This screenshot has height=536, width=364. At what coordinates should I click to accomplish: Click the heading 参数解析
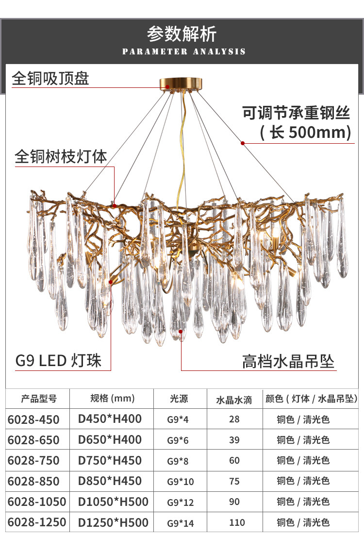click(x=182, y=34)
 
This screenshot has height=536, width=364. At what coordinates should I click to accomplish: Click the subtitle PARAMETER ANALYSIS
click(x=184, y=51)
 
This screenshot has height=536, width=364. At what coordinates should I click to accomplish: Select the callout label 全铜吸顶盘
click(x=50, y=78)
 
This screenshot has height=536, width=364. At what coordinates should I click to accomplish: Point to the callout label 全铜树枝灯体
click(x=61, y=156)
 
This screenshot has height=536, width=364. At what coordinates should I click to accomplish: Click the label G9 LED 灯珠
click(x=59, y=361)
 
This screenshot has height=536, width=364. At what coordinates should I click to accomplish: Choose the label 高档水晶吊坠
click(x=288, y=361)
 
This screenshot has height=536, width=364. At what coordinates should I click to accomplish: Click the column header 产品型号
click(x=39, y=399)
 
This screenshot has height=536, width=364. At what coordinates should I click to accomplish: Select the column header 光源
click(x=179, y=399)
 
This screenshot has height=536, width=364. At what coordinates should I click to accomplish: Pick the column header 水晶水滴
click(x=234, y=400)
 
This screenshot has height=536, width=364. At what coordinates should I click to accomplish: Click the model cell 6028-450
click(x=33, y=419)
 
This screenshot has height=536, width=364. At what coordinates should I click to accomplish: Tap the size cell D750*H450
click(x=110, y=460)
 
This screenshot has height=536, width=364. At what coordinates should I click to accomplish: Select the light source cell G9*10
click(x=180, y=481)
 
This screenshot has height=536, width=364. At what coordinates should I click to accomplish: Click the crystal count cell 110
click(x=234, y=522)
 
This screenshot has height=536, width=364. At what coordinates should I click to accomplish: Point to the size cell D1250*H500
click(x=113, y=522)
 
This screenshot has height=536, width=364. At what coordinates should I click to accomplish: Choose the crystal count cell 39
click(x=234, y=440)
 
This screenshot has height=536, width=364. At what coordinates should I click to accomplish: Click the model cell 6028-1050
click(x=37, y=502)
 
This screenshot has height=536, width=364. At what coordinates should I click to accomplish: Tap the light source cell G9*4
click(x=178, y=419)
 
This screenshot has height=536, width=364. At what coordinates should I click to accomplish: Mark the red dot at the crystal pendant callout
click(x=181, y=331)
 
